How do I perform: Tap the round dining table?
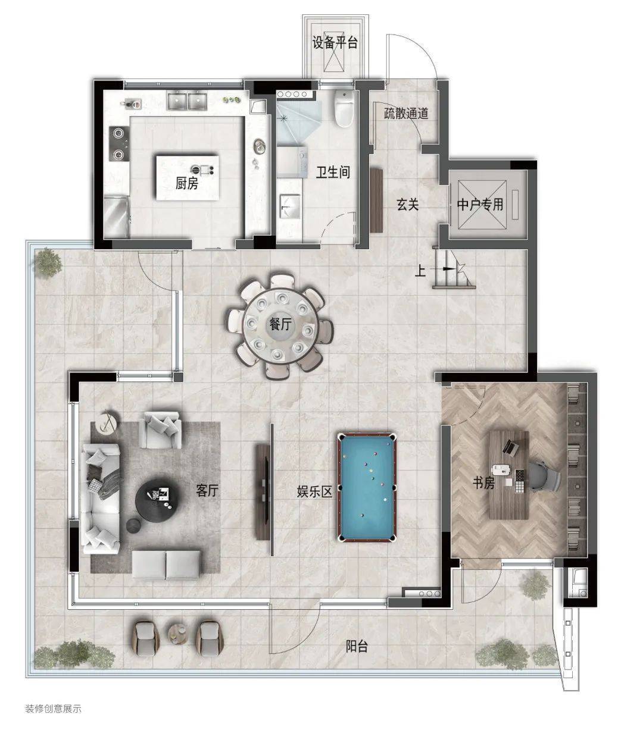click(x=280, y=326)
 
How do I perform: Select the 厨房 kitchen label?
click(x=187, y=183)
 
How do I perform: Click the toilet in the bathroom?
click(x=344, y=108)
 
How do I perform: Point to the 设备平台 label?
click(x=335, y=43)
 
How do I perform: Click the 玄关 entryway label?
click(x=408, y=205)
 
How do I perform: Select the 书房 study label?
click(x=483, y=482)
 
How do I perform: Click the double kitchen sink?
click(x=187, y=100)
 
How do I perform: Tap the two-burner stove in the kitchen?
click(x=118, y=143)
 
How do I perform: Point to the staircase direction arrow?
click(x=444, y=269)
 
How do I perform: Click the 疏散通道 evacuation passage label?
click(x=406, y=114)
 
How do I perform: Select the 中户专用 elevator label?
click(x=480, y=205)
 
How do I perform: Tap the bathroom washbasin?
click(x=290, y=206)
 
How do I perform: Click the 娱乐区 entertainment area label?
click(x=314, y=491)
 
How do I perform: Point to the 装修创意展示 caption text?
click(x=53, y=709)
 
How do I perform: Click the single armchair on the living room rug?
click(x=161, y=430)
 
